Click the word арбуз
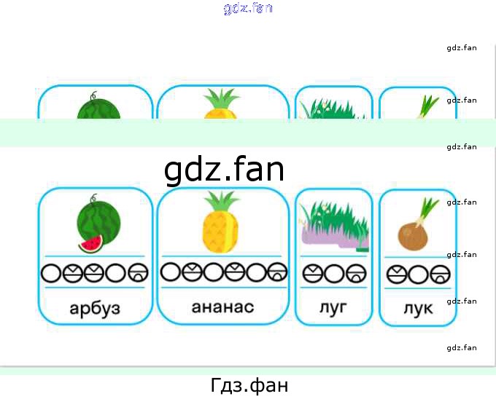coord(95,308)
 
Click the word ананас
coord(222,307)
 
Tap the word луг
coord(333,307)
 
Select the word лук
coord(418,309)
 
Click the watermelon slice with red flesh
coord(90,244)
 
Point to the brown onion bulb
coord(413,237)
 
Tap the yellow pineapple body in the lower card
coord(220,232)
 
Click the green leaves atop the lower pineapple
coord(221,201)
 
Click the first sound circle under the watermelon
coord(51,273)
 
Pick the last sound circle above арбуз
coord(139,273)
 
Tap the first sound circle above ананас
coord(171,272)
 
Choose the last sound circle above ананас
coord(277,272)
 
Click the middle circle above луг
coord(334,273)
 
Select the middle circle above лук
coord(418,274)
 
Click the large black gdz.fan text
coord(224,169)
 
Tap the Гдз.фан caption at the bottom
coord(249,385)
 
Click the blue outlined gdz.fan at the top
coord(248,9)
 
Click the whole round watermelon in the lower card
coord(98,224)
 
